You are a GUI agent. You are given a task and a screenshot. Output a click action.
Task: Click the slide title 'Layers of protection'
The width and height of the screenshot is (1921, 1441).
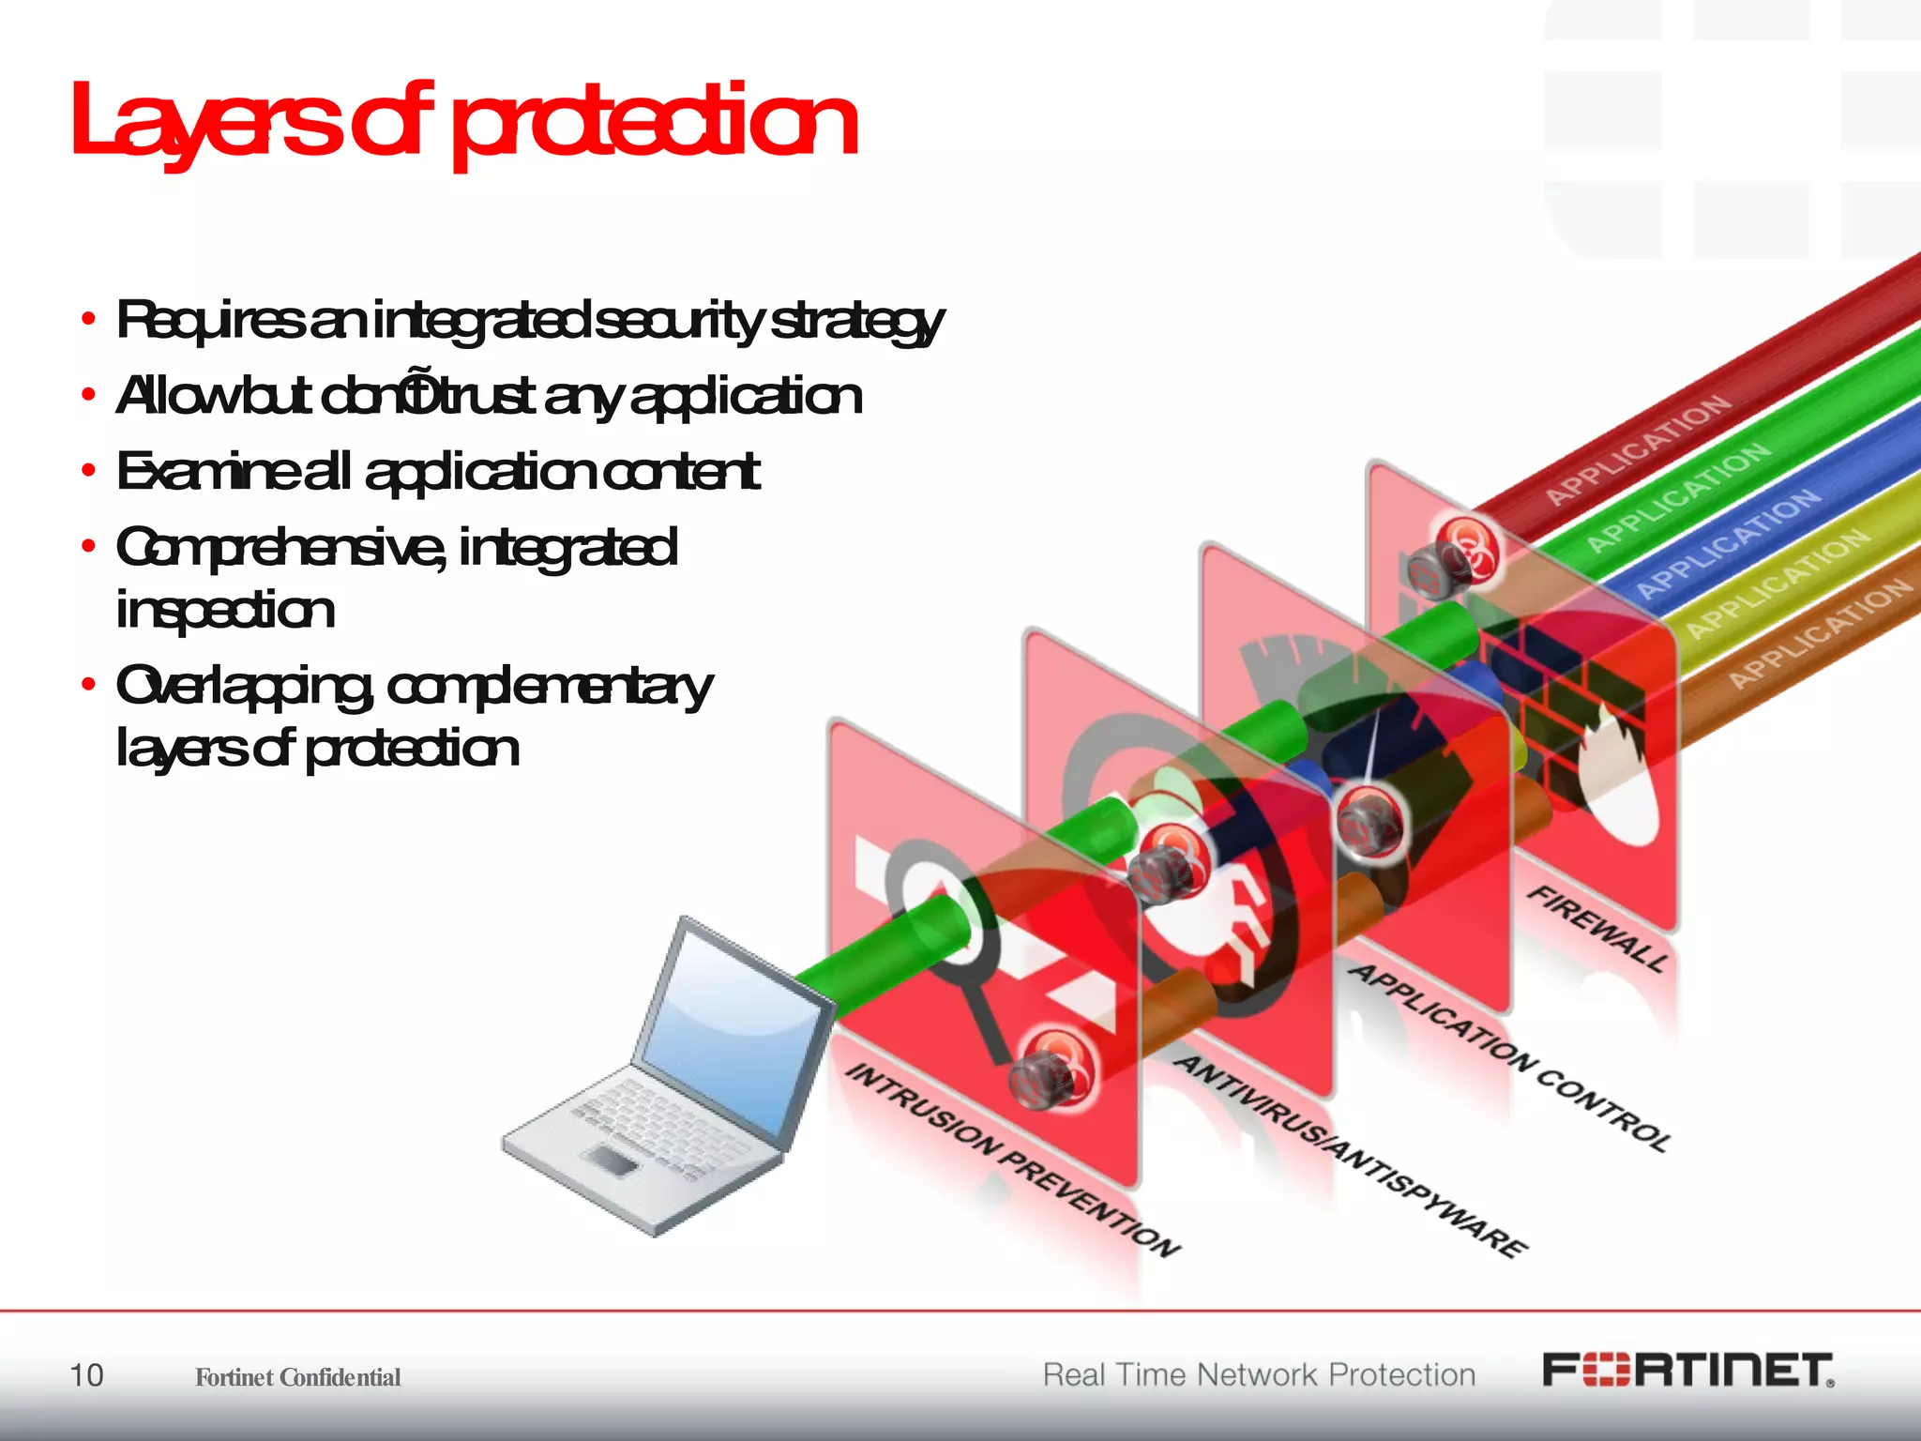coord(464,122)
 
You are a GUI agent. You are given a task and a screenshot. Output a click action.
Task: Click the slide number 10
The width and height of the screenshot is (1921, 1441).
coord(86,1375)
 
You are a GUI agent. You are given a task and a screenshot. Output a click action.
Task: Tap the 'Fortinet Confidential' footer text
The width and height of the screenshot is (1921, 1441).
coord(297,1377)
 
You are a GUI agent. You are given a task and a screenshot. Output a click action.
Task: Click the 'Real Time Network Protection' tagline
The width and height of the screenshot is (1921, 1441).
coord(1259,1374)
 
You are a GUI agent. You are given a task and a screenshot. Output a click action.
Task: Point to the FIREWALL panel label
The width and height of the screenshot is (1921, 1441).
coord(1598,928)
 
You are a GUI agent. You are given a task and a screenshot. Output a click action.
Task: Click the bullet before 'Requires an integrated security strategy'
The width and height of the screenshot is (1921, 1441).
coord(88,320)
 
